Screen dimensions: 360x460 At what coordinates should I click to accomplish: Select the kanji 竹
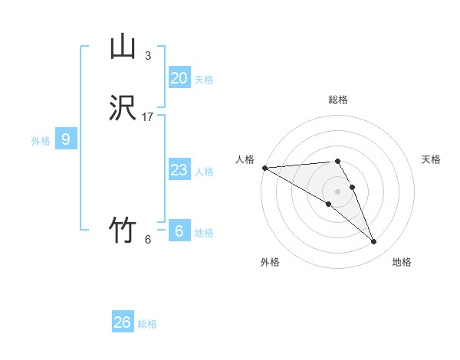pos(123,230)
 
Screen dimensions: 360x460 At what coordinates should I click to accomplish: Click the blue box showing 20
pos(179,78)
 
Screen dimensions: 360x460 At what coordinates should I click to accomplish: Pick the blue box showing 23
pos(179,170)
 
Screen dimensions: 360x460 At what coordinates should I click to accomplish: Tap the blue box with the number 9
pos(66,139)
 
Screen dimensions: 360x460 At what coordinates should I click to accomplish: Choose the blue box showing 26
pos(123,322)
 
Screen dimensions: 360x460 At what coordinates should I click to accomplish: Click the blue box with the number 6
pos(179,231)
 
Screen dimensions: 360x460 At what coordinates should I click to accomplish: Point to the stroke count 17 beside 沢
pos(148,117)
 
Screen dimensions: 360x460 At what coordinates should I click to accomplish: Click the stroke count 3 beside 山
pos(147,56)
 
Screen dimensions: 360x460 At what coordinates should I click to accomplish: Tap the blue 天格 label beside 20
pos(204,80)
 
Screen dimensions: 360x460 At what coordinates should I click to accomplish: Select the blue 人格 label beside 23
pos(204,172)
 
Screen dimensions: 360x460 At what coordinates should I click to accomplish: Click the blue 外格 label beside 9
pos(41,141)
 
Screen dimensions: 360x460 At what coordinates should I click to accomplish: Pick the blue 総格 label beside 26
pos(147,324)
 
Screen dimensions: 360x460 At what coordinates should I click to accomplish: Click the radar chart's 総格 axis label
pos(338,100)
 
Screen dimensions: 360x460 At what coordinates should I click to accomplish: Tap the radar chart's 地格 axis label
pos(402,263)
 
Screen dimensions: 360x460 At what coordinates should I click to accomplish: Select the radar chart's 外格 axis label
pos(270,263)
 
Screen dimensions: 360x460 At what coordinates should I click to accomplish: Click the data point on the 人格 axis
pos(264,168)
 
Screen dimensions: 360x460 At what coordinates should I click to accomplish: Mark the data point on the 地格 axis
pos(373,242)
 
